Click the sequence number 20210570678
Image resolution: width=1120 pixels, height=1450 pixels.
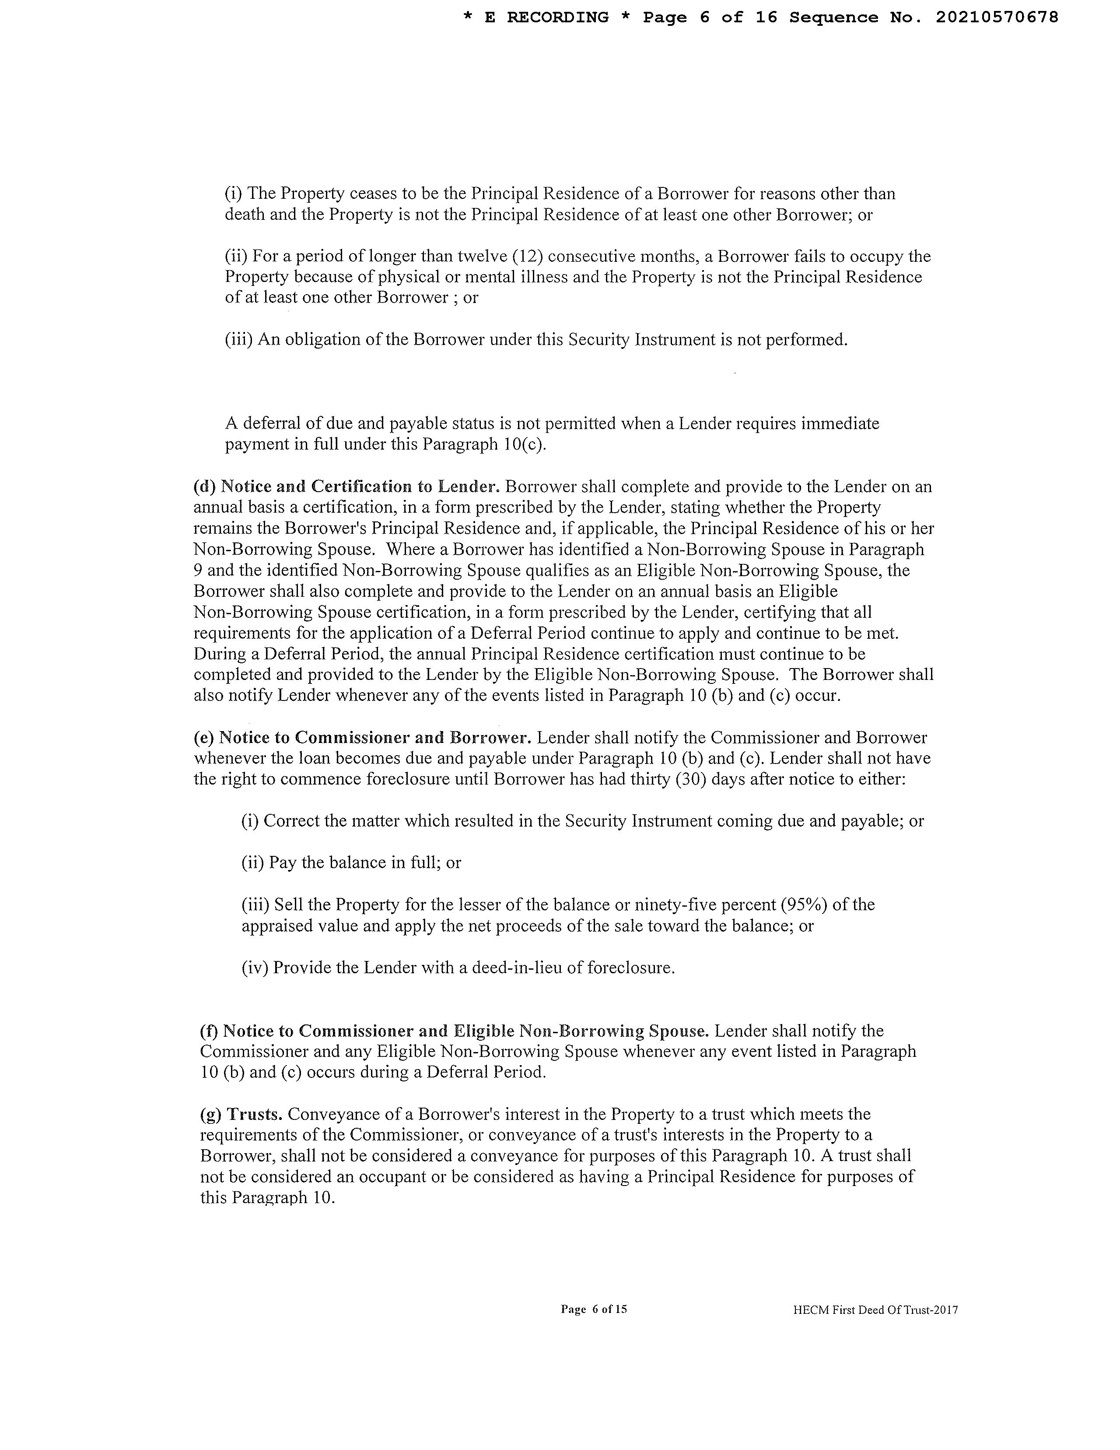(997, 18)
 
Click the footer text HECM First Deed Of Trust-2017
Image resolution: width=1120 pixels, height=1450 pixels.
(875, 1310)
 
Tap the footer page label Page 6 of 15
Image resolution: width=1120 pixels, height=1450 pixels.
(594, 1309)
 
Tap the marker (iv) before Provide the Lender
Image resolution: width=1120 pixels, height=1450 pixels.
(255, 968)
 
